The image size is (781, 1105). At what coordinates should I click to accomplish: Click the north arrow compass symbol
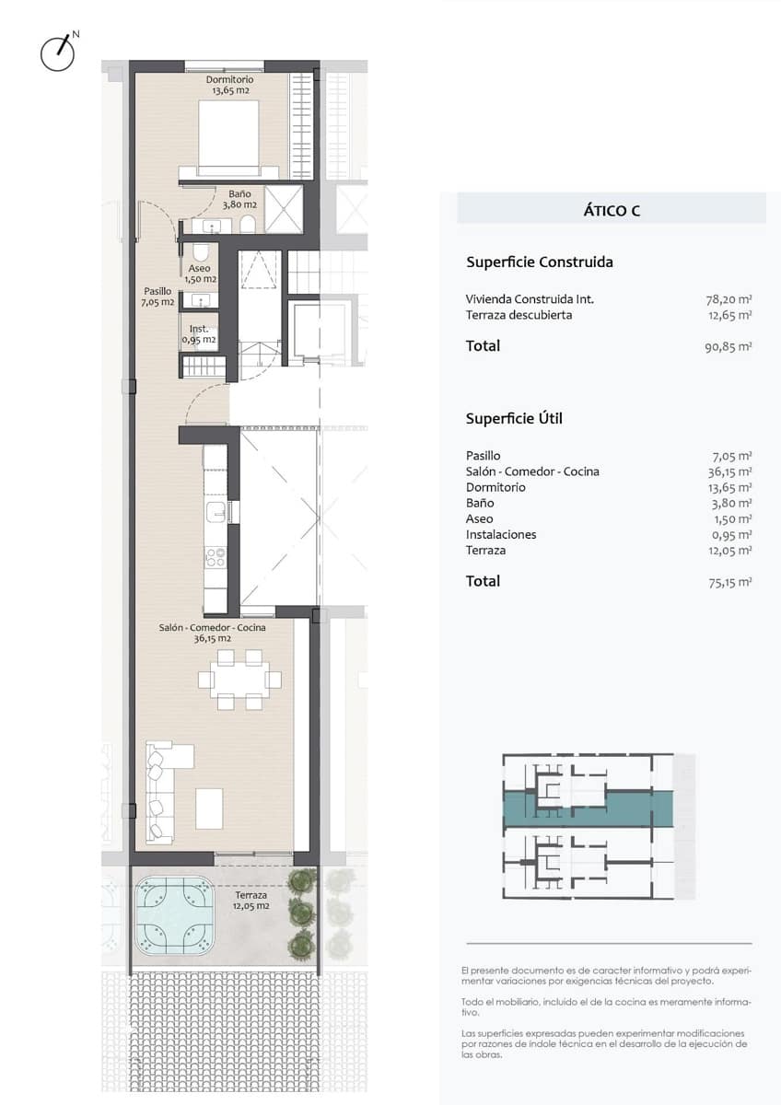(58, 52)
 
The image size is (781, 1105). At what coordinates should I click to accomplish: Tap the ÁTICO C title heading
(612, 211)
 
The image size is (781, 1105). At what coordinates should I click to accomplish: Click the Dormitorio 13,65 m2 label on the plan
(229, 85)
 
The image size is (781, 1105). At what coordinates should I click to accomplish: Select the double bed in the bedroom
(229, 138)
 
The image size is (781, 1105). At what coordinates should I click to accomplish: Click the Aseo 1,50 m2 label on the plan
(199, 273)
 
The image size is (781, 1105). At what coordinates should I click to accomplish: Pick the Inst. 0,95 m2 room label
(199, 334)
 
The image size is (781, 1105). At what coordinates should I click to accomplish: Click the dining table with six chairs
(239, 680)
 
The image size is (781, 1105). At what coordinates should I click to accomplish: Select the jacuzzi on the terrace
(175, 914)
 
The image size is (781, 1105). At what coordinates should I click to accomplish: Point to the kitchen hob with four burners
(215, 555)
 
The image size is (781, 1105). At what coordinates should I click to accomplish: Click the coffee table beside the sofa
(209, 808)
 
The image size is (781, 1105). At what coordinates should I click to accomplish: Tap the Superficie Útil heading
(514, 418)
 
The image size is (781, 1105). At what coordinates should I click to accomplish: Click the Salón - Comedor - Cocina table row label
(532, 471)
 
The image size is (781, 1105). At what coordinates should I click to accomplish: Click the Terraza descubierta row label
(519, 315)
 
